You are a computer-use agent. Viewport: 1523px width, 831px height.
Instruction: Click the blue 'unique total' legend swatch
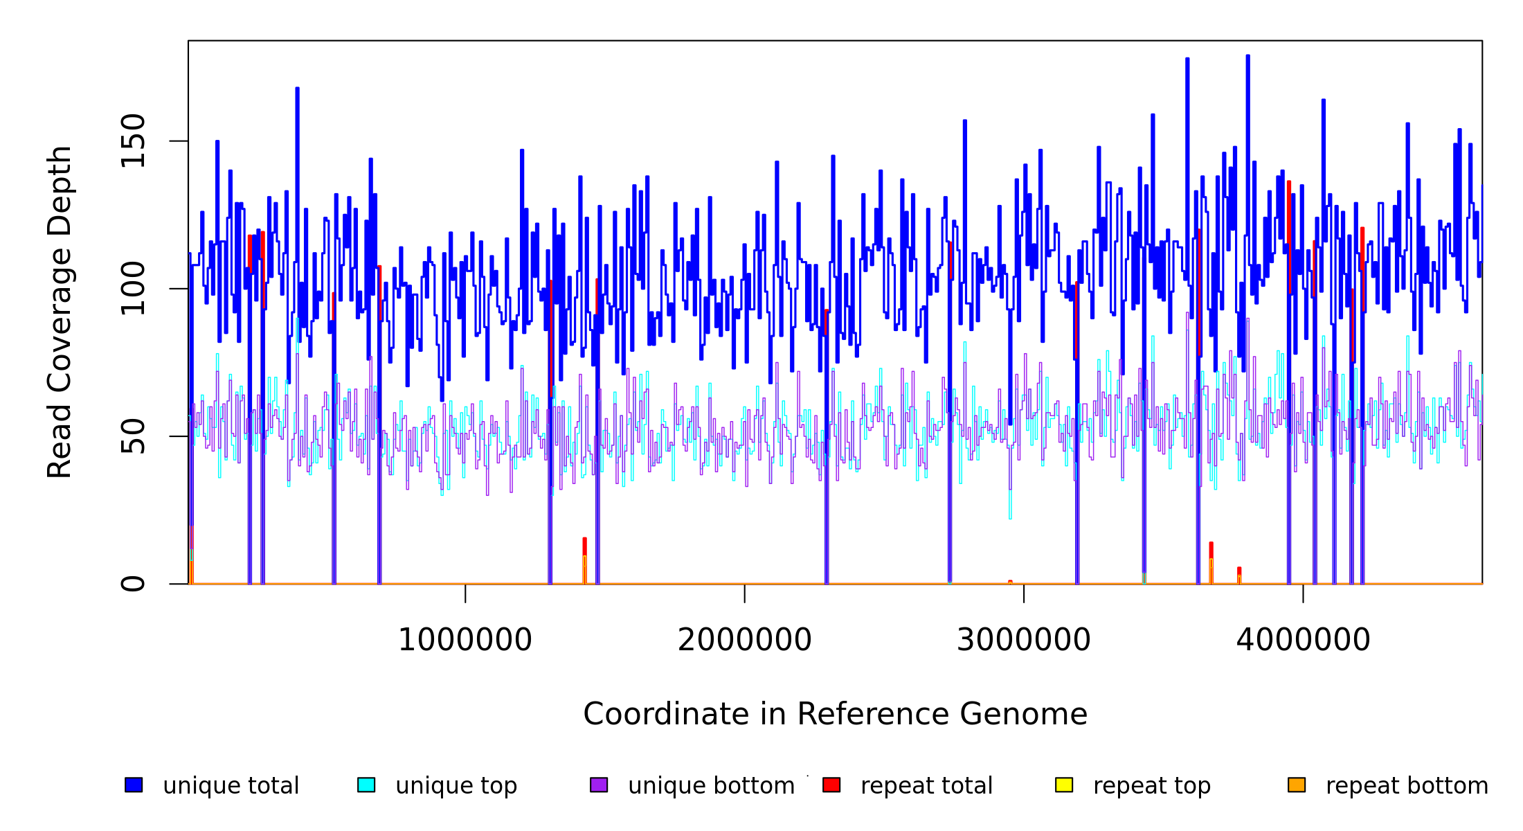pos(134,785)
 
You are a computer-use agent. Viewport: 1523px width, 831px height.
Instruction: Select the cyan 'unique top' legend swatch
pos(366,785)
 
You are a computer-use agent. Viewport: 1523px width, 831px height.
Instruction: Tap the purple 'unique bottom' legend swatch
pos(599,785)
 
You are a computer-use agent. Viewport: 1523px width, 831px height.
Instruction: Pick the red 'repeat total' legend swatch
pos(831,785)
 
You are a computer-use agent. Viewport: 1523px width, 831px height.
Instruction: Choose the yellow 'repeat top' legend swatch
pos(1064,785)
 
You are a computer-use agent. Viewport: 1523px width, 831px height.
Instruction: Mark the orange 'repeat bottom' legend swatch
pos(1297,785)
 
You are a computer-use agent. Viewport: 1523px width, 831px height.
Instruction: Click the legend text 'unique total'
pos(231,786)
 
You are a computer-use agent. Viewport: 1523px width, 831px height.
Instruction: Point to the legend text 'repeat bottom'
pos(1407,786)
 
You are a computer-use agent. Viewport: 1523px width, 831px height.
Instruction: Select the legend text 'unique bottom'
pos(711,786)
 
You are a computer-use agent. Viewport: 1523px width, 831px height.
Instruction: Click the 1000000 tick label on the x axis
pos(465,640)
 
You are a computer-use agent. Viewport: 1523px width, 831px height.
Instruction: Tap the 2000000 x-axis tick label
pos(744,640)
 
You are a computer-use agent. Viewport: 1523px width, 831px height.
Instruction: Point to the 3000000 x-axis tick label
pos(1023,640)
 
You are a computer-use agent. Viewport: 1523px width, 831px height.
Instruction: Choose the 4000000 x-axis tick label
pos(1303,640)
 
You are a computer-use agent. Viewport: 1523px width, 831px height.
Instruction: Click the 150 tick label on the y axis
pos(133,141)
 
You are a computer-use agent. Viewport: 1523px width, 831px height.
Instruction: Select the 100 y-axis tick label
pos(133,289)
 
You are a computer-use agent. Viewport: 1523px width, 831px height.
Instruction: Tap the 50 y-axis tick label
pos(133,436)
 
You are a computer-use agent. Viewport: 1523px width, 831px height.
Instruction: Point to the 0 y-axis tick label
pos(133,584)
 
